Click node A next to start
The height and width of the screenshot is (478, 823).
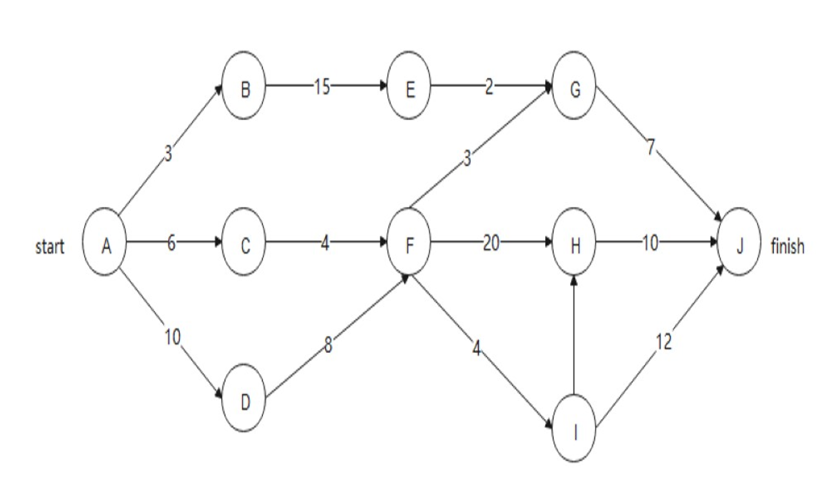[105, 242]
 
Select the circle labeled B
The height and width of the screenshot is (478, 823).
[244, 86]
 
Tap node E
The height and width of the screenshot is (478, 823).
[409, 86]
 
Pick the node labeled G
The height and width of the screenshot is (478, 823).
[574, 86]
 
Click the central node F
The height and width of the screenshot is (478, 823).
[409, 242]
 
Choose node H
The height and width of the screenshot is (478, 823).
[574, 242]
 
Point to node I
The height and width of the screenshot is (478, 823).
[574, 428]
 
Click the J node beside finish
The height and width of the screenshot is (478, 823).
[739, 242]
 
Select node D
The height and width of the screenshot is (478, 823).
[244, 398]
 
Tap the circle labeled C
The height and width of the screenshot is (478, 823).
[244, 242]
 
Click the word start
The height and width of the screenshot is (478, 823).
[50, 246]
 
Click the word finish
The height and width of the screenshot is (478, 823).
[788, 246]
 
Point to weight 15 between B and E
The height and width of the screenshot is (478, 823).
[322, 87]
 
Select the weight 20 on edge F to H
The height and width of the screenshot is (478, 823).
[491, 243]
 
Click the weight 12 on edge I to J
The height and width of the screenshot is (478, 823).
[663, 342]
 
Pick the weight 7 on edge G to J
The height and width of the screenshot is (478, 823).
[651, 147]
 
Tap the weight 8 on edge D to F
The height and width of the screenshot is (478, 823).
[328, 346]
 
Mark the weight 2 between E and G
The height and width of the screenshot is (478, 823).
[489, 87]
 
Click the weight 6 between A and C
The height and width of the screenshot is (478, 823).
[171, 243]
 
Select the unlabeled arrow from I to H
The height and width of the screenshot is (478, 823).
[574, 339]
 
